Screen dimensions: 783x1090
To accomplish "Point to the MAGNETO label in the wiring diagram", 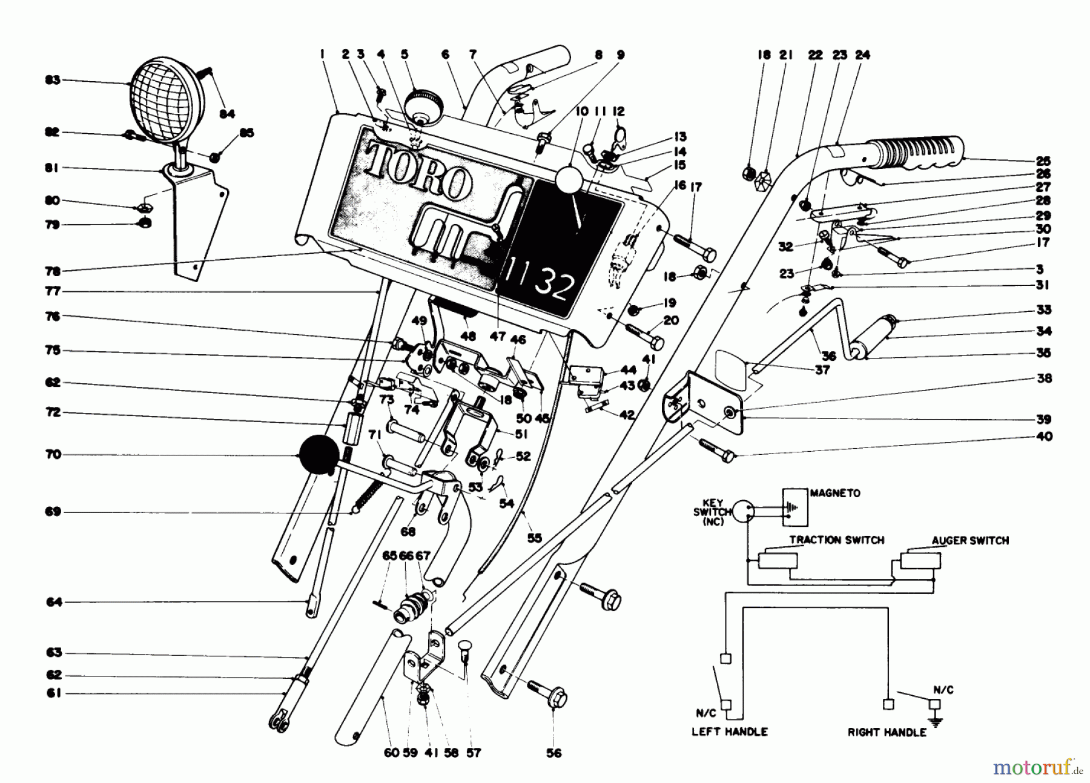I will click(835, 494).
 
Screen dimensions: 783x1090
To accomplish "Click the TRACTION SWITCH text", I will click(836, 540).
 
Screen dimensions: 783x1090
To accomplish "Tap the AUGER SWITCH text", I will click(970, 541).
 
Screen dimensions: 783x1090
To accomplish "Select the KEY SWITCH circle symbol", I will click(744, 512).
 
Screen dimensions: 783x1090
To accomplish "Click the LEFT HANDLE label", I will click(729, 732).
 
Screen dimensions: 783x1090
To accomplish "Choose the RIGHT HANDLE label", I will click(887, 732).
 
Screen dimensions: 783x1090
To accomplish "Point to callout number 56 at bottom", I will click(554, 753).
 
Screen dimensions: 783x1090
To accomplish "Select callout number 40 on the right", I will click(1045, 436).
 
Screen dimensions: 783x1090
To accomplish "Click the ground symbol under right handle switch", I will click(936, 721).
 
